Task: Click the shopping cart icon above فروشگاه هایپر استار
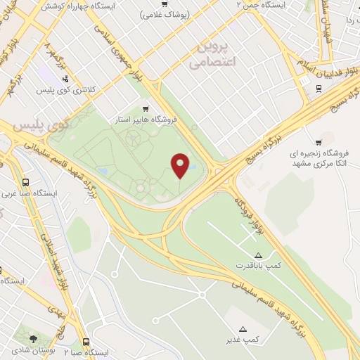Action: click(146, 108)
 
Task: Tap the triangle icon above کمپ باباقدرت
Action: click(258, 255)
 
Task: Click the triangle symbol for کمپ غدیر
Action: click(243, 328)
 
